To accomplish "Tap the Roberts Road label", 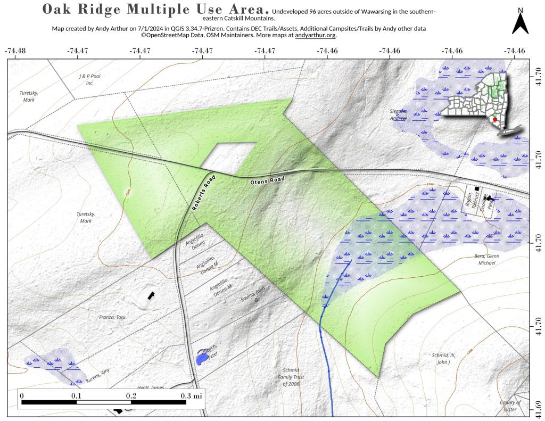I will click(x=203, y=192).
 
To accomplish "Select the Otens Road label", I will click(x=268, y=180).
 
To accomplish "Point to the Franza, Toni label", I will click(x=112, y=317).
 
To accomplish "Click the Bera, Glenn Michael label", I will click(x=486, y=259).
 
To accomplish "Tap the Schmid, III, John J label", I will click(x=443, y=358).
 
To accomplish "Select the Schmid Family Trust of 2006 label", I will click(x=292, y=376).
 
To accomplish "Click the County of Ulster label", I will click(x=510, y=406).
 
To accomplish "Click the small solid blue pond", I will click(x=202, y=359).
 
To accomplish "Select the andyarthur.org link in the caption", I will click(x=315, y=35).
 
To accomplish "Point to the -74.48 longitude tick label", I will click(x=15, y=51).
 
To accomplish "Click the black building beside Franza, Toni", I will click(x=151, y=294).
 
